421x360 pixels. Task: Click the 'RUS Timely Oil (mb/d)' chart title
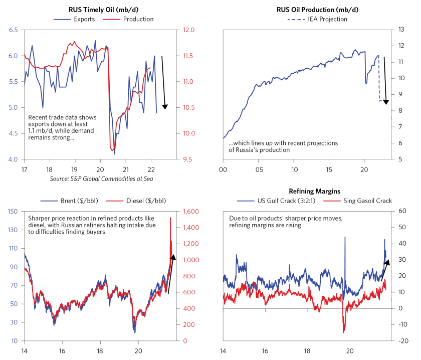tap(104, 9)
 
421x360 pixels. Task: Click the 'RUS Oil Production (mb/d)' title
tap(313, 9)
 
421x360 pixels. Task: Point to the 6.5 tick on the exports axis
tap(13, 30)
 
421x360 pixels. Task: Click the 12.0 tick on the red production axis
tap(189, 30)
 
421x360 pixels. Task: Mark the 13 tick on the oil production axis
tap(401, 30)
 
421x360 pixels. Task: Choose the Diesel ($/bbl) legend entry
tap(142, 201)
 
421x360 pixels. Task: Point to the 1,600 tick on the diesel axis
tap(192, 211)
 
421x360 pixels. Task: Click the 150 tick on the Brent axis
tap(13, 211)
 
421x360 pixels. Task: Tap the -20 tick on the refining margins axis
tap(402, 341)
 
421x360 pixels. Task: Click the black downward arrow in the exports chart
tap(163, 83)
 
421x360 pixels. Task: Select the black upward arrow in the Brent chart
tap(171, 274)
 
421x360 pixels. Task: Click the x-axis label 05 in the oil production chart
tap(259, 169)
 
